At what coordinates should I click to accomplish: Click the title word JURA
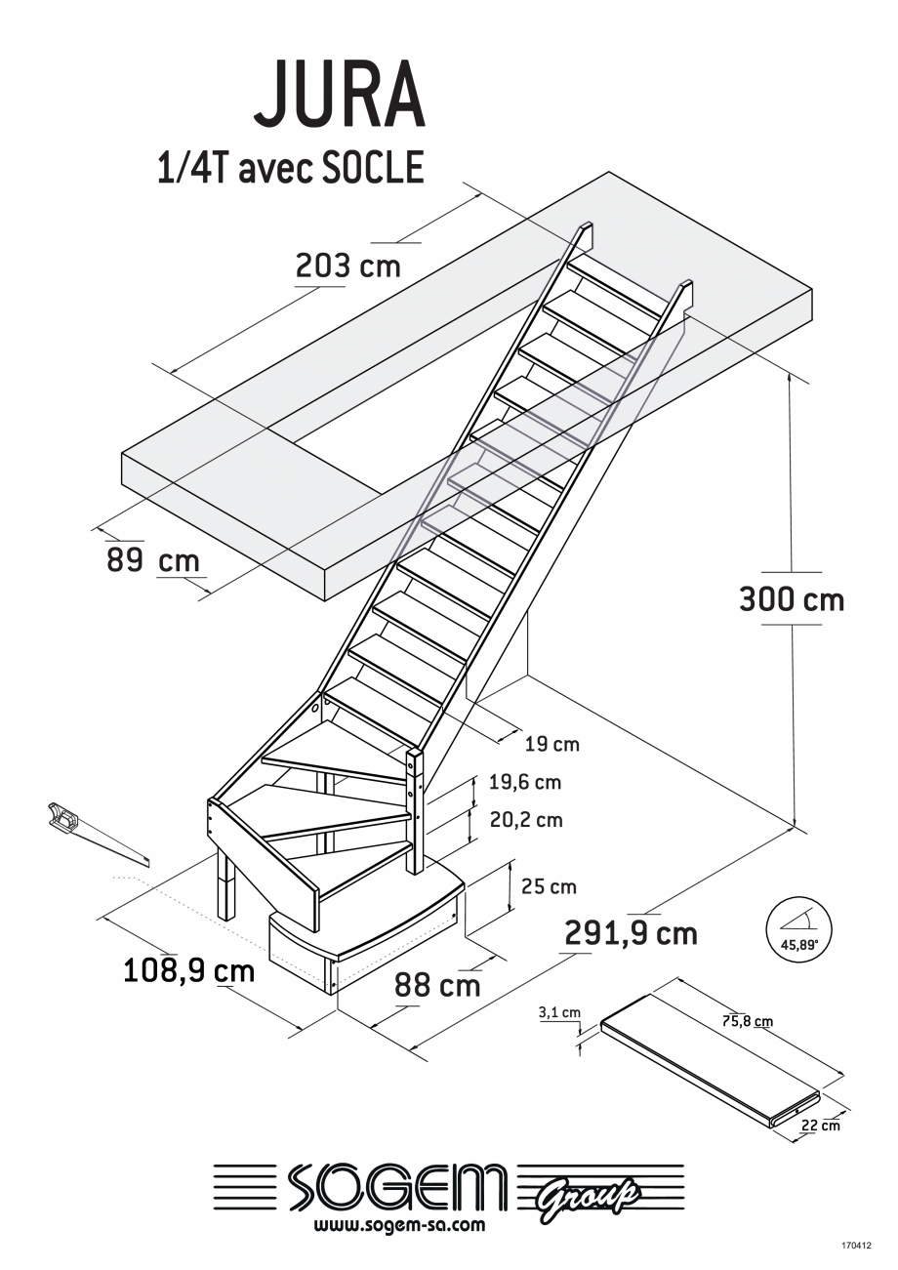tap(339, 96)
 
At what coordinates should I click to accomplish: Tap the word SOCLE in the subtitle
tap(373, 168)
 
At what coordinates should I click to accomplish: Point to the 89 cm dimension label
tap(152, 561)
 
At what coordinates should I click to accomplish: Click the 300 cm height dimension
tap(791, 598)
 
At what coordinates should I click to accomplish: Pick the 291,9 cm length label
tap(631, 934)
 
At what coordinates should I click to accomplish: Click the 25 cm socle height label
tap(549, 887)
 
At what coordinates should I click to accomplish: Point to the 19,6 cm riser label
tap(525, 783)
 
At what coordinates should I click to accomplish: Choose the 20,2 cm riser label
tap(526, 820)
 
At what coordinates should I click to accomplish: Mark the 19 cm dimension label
tap(551, 745)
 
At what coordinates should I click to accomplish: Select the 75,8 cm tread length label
tap(748, 1022)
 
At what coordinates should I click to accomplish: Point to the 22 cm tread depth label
tap(820, 1126)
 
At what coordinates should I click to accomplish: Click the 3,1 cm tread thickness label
tap(559, 1012)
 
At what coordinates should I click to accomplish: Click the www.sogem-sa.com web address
tap(400, 1225)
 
